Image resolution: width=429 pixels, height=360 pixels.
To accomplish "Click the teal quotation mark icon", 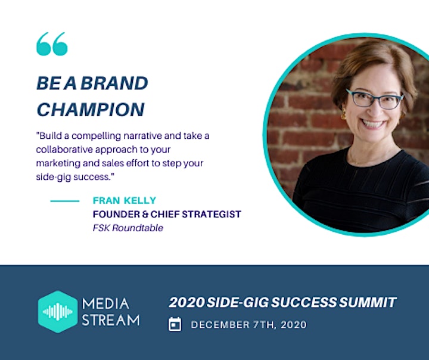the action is (52, 44).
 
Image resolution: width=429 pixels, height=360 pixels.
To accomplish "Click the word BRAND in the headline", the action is (114, 83).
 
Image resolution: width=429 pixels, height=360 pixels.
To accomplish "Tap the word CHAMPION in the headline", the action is (91, 110).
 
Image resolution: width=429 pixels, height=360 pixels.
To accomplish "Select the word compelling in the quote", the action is (96, 136).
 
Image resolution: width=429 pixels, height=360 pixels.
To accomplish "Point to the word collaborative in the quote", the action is (64, 150).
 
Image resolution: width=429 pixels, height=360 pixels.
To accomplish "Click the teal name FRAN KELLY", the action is (125, 200).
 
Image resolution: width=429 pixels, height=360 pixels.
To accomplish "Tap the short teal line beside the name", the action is (65, 201).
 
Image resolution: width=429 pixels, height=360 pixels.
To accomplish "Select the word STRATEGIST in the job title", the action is (212, 214).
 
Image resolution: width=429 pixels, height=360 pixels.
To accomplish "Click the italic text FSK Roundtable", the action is (128, 228).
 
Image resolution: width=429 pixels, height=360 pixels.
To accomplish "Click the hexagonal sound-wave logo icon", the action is (58, 312).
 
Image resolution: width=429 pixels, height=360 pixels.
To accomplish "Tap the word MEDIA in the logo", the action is (105, 304).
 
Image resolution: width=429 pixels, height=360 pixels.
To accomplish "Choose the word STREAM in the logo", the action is (111, 319).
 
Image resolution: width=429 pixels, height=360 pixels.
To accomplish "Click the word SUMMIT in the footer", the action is (368, 302).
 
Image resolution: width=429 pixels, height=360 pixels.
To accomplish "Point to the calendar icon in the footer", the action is (175, 324).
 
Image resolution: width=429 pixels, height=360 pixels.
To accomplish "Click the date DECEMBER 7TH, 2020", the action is (248, 325).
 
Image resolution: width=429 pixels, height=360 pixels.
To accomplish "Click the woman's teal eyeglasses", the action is (374, 99).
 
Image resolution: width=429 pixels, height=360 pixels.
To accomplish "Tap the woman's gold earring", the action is (343, 114).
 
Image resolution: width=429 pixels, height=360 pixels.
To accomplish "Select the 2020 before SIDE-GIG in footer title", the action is (186, 302).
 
